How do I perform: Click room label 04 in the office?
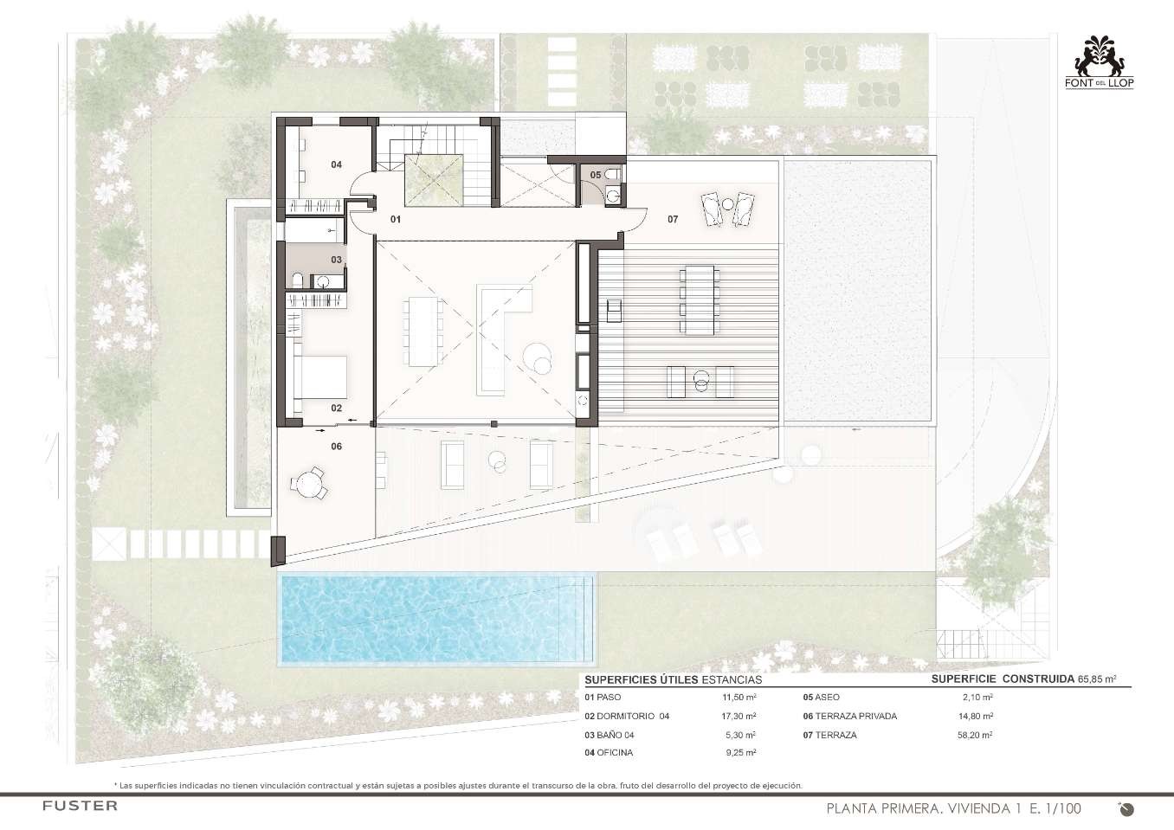337,164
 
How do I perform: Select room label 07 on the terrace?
673,220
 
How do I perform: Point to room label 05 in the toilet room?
596,175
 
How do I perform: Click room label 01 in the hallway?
396,220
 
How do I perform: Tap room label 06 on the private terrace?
337,447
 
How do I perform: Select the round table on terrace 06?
309,482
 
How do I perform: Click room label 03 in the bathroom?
337,260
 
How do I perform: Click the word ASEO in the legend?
827,698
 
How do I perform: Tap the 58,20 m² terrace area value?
975,735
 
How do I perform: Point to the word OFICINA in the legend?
615,752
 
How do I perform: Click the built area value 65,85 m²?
1097,680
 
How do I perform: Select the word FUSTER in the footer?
81,806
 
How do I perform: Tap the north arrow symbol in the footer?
1126,808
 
